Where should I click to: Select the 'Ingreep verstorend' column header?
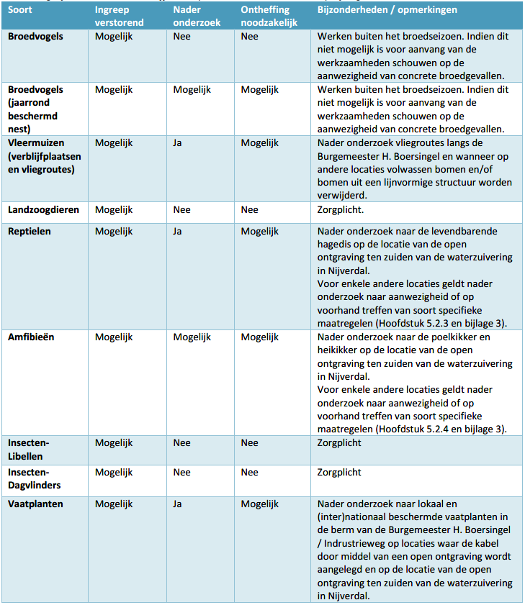[119, 17]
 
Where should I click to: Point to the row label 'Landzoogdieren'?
[43, 210]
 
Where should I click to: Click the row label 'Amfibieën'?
[32, 337]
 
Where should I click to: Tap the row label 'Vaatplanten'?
[35, 504]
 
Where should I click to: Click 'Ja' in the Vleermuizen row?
[178, 143]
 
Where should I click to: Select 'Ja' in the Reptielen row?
[178, 232]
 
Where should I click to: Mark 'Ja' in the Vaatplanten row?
[178, 504]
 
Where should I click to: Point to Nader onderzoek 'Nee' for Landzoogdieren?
[181, 210]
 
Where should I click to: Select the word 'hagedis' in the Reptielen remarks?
[335, 245]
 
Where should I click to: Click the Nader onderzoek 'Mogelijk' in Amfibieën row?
[192, 337]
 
